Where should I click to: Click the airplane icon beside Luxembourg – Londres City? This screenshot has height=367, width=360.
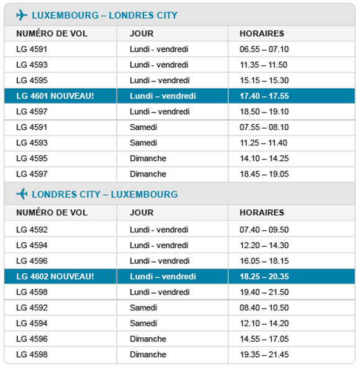22,16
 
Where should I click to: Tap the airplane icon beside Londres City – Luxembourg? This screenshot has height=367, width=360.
22,194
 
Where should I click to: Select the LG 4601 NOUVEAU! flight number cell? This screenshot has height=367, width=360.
55,96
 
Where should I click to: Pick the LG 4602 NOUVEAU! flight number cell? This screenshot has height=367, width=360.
55,276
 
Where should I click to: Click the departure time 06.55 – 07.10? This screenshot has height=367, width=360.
264,49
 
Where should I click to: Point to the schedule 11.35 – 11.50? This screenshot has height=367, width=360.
264,65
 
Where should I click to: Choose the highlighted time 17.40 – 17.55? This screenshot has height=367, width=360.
264,96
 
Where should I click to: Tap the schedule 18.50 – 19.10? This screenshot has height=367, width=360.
264,112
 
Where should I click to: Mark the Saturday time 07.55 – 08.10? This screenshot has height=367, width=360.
264,127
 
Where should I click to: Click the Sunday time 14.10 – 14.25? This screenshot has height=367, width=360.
264,158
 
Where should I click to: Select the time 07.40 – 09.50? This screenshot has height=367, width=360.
264,230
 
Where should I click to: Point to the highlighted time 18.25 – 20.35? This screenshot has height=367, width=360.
264,276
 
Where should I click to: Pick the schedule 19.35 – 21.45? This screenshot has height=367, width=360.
264,355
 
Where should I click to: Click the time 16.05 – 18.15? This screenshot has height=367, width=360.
264,261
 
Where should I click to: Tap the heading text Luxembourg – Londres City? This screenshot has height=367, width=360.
104,16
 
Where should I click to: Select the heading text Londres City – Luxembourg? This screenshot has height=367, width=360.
104,194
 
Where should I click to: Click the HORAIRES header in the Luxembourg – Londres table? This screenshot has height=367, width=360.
261,34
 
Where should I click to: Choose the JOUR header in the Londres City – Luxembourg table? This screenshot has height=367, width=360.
142,212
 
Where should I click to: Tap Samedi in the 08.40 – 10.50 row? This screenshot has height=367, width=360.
143,307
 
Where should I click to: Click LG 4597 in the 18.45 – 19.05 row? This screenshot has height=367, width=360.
32,174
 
